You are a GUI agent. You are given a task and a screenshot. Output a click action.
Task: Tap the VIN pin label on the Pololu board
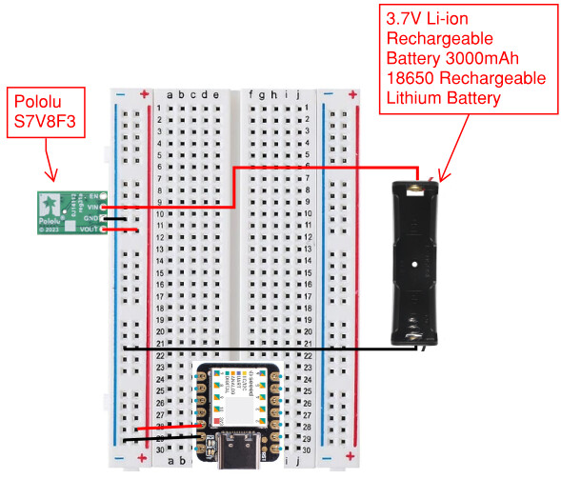pos(91,207)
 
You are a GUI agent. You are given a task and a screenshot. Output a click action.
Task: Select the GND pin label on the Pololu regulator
pos(91,218)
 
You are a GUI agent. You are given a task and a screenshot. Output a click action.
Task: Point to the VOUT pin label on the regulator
pos(91,230)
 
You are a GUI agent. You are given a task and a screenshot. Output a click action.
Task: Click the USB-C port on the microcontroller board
pos(235,456)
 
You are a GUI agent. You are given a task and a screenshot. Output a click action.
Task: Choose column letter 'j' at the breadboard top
pos(298,94)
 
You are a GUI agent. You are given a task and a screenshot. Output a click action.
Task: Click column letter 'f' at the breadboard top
pos(251,94)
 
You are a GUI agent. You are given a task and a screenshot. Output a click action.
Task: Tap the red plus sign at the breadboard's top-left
pos(144,94)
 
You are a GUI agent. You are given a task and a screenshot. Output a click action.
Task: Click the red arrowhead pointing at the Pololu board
pos(55,176)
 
